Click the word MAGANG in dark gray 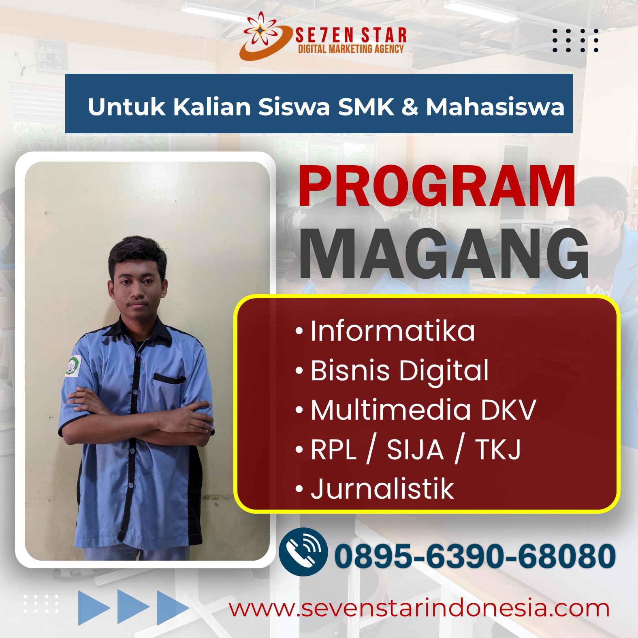point(444,254)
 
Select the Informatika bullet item point(385,331)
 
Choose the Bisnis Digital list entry point(392,371)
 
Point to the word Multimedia point(391,410)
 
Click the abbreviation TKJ point(498,450)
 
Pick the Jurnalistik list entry point(375,489)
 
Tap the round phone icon point(303,552)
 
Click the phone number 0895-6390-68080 point(475,556)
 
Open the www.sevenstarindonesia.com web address point(419,608)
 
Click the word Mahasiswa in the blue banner point(495,107)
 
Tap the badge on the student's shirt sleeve point(73,366)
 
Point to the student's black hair point(137,255)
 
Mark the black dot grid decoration point(575,41)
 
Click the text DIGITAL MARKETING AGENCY point(351,49)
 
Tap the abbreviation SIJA point(415,450)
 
